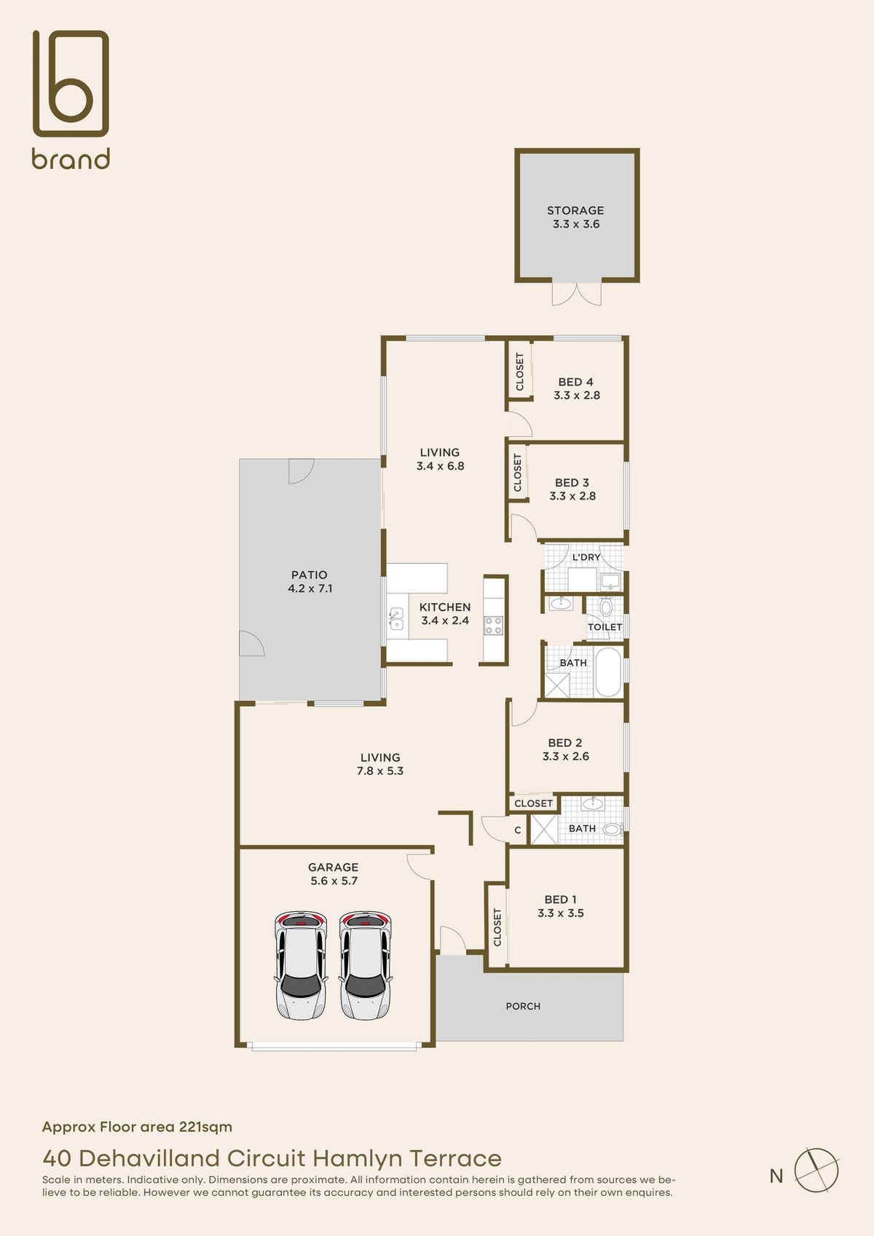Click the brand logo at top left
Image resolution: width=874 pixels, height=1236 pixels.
point(71,99)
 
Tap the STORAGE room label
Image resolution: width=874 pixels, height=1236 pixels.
point(575,210)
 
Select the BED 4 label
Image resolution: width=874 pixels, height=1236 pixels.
point(576,382)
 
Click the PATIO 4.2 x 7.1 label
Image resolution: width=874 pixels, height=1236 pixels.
point(310,581)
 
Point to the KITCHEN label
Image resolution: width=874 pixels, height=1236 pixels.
point(445,607)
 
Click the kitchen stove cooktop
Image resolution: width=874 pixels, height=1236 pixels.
point(493,625)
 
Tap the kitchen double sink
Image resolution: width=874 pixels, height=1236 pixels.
point(396,618)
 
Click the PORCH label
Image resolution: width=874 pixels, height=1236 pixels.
point(523,1006)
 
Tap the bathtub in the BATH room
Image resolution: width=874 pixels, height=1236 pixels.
point(609,672)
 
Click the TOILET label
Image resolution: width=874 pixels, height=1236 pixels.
point(605,627)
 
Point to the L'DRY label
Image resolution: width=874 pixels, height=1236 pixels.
point(586,557)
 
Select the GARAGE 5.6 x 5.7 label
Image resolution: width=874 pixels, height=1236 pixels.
point(334,874)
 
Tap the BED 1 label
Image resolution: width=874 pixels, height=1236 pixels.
point(561,900)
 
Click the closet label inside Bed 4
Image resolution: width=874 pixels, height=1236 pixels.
point(520,371)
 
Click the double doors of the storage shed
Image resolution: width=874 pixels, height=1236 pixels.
point(577,294)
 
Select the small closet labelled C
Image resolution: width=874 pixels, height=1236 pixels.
point(518,830)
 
